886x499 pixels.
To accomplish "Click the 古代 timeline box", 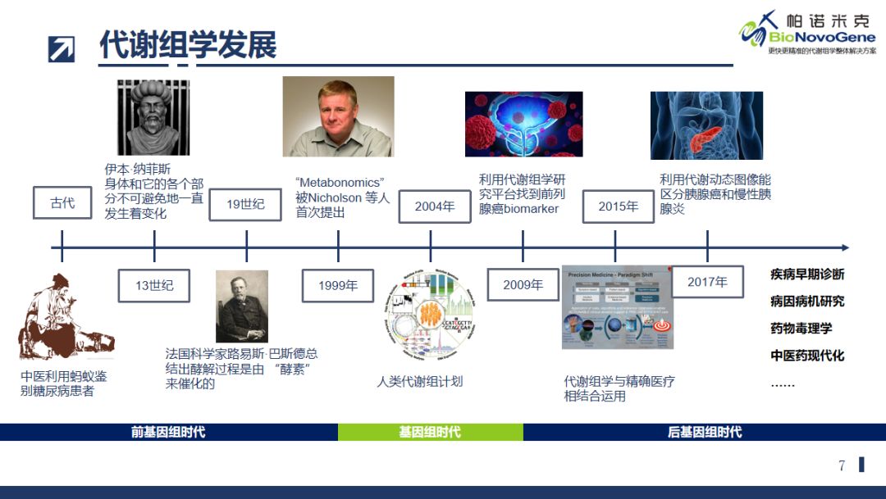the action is pos(62,203).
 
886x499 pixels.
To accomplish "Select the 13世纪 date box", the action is pos(154,285).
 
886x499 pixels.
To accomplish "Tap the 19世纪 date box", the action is pos(245,204).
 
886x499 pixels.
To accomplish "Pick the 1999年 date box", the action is pos(338,285).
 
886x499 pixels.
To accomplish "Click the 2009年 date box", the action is pos(523,284).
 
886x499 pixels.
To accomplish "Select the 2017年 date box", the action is pos(707,282).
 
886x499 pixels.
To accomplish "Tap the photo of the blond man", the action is pos(338,116).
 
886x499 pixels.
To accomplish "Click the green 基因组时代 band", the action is pos(430,432).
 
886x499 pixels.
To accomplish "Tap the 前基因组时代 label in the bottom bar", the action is pos(168,432).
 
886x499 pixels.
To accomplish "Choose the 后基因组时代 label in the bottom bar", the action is pos(705,432).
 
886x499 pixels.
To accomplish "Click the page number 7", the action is pos(842,465).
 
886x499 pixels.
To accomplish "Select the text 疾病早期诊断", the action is pos(806,274).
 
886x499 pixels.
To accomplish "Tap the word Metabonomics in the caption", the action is pos(340,182).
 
